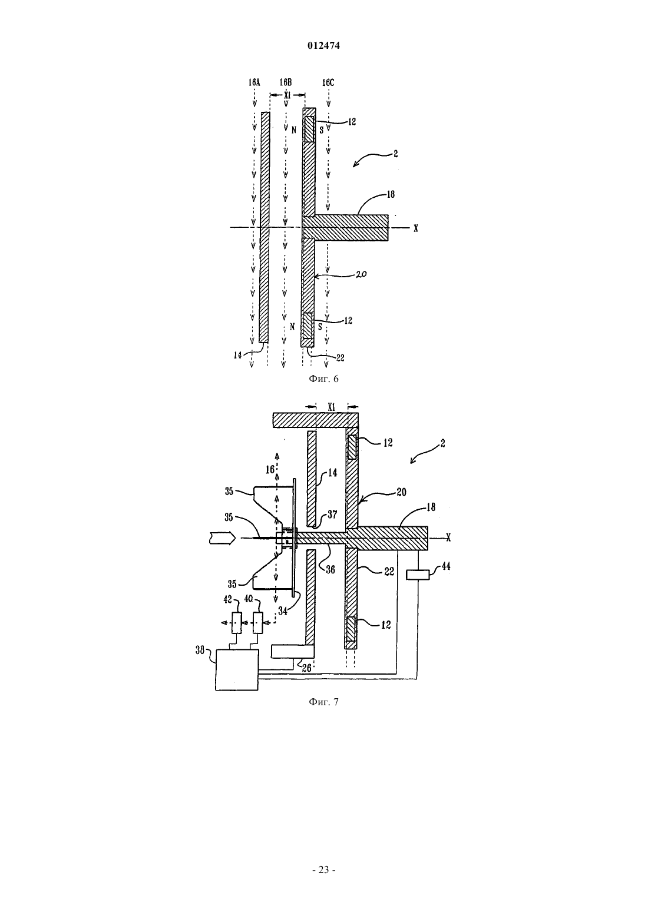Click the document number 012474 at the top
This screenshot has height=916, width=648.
coord(323,46)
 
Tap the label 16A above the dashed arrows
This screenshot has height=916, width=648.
coord(254,82)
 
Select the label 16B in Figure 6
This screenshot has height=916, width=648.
coord(286,82)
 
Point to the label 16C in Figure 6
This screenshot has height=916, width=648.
coord(328,82)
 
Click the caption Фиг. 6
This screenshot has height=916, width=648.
coord(323,379)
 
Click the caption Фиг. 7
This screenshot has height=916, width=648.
coord(323,702)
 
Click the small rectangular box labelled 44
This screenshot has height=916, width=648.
coord(418,575)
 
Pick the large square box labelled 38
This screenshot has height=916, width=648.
coord(237,670)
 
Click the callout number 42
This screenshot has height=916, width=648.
coord(227,599)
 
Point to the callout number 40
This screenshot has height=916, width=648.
coord(249,599)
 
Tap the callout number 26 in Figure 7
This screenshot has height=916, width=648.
coord(306,668)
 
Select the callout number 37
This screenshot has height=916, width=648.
coord(332,515)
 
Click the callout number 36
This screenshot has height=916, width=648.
coord(330,569)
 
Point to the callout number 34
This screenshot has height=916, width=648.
coord(282,611)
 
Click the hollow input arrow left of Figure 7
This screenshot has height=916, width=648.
coord(221,538)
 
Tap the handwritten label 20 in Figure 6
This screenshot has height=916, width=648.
coord(361,274)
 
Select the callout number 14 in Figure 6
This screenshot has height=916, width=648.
coord(237,356)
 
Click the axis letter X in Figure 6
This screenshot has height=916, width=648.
coord(416,228)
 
